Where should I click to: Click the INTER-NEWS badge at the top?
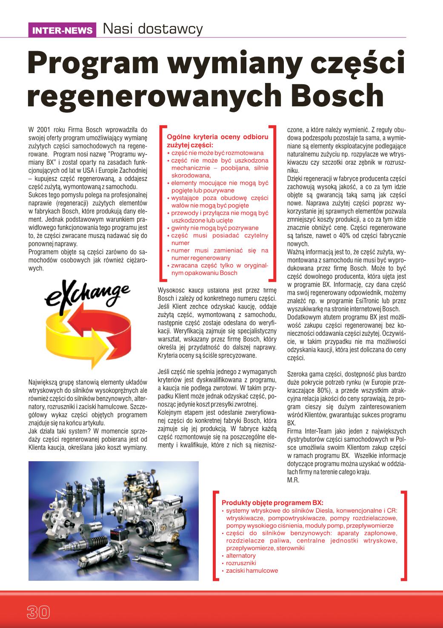click(63, 30)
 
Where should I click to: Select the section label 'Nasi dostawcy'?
click(152, 29)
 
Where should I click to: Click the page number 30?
click(38, 612)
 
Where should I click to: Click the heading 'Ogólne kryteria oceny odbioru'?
click(217, 137)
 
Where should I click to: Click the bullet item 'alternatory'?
click(241, 556)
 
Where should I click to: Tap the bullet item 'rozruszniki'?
click(240, 563)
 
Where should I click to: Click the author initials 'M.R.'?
click(294, 480)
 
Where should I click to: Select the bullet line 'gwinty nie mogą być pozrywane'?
click(215, 228)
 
